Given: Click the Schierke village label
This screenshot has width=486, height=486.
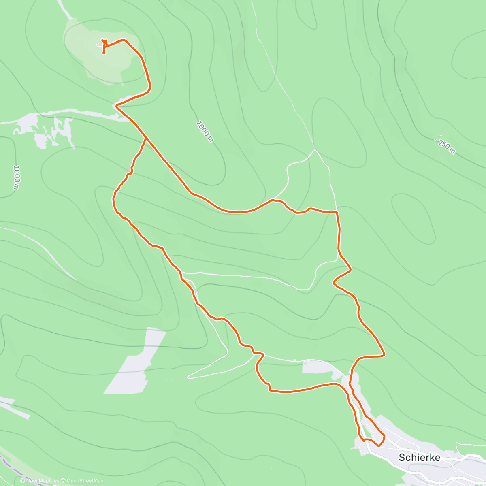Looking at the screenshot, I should (419, 457).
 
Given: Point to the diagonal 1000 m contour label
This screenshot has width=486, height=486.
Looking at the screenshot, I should (205, 131).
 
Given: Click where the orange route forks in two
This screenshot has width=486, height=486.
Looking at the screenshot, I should (146, 139).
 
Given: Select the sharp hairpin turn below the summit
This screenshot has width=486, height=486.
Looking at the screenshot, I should (117, 106).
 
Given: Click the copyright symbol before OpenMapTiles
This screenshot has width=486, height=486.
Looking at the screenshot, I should (23, 481).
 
